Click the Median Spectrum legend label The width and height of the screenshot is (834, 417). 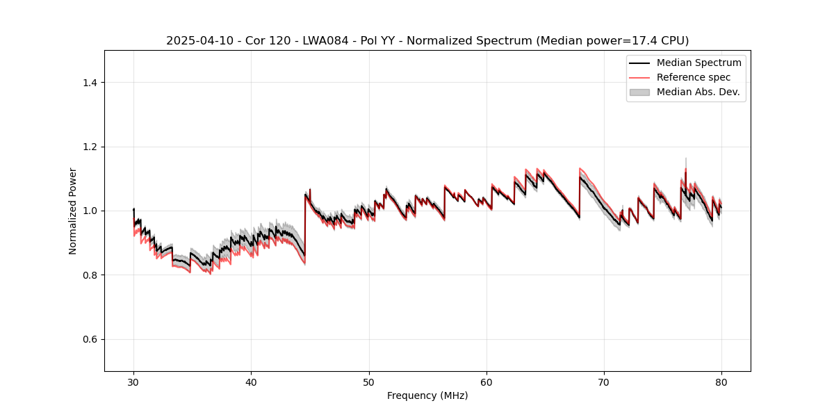(x=698, y=63)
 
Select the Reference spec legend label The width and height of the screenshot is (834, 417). (x=693, y=77)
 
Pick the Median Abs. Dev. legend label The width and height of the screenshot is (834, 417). (x=698, y=92)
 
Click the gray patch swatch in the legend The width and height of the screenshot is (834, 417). (x=639, y=92)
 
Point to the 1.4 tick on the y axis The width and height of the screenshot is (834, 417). (x=91, y=83)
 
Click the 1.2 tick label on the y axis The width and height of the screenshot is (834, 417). (x=91, y=147)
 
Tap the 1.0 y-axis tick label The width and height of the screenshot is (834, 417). (x=91, y=211)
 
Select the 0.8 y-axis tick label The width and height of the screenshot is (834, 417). (x=91, y=275)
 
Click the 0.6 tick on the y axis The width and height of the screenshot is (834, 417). (x=91, y=339)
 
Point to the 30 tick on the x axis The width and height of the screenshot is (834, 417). (x=133, y=382)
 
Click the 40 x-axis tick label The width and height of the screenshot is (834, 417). (x=251, y=382)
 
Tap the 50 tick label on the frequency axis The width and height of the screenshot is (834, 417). (x=369, y=382)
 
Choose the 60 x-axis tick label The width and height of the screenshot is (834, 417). (x=486, y=382)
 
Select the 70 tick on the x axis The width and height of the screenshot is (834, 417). (x=604, y=382)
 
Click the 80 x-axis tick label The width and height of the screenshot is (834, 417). (x=721, y=382)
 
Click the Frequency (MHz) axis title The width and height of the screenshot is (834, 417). (x=427, y=395)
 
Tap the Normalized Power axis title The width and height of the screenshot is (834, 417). (x=73, y=211)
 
